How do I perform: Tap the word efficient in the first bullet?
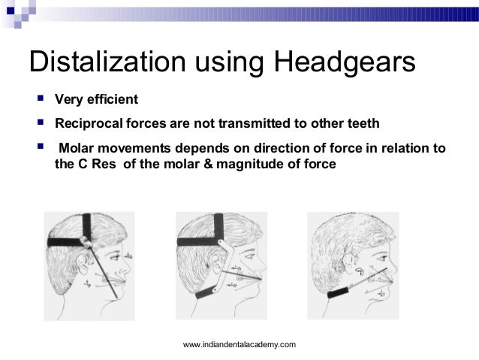[x=113, y=101]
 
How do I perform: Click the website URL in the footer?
[x=239, y=344]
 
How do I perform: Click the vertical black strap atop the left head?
[x=89, y=228]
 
